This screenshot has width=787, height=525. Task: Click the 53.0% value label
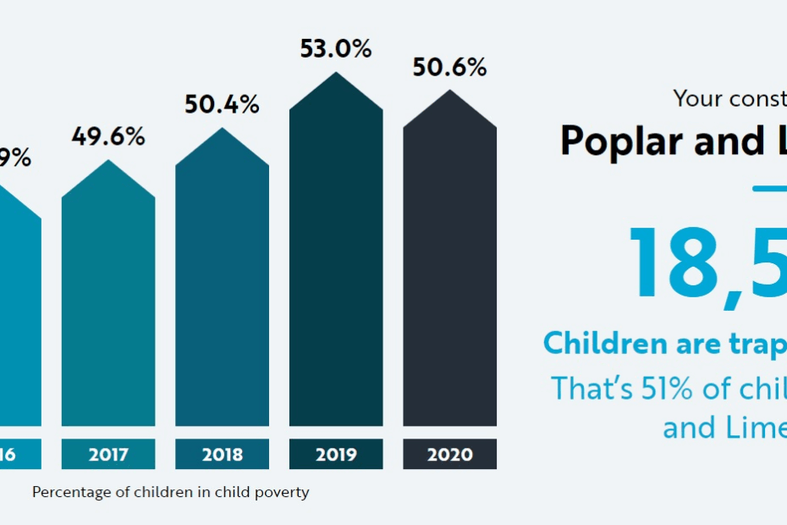coord(336,49)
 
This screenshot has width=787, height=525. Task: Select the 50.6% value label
coord(449,68)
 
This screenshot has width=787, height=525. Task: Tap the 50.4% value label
coord(222,105)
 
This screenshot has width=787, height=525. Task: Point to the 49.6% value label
coord(108,137)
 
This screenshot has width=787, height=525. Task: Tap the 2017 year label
coord(108,455)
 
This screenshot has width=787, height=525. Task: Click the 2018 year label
coord(222,455)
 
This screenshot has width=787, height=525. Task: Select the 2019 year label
coord(336,455)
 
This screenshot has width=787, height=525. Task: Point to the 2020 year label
coord(449,455)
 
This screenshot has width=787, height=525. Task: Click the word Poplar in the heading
coord(621,141)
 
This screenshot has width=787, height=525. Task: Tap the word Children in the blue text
coord(604,343)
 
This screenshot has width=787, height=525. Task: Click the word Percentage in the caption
coord(72,492)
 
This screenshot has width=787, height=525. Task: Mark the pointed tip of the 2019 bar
coord(336,75)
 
